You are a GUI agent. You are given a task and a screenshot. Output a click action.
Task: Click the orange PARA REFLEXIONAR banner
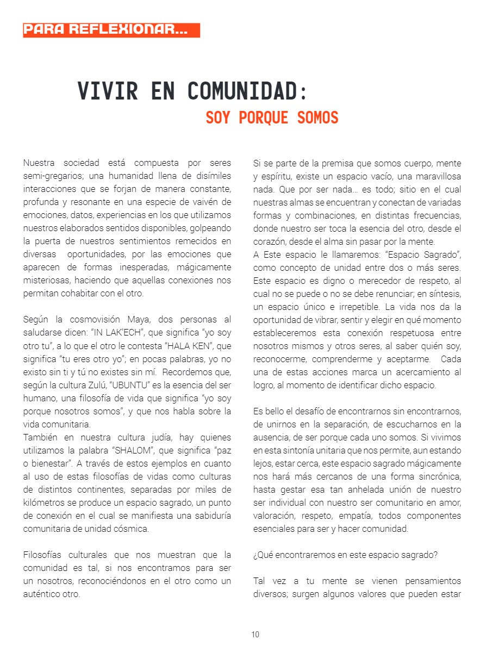click(x=111, y=30)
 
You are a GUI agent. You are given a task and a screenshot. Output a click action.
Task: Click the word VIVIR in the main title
click(x=108, y=91)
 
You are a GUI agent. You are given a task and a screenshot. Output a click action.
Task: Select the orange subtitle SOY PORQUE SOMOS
click(x=272, y=117)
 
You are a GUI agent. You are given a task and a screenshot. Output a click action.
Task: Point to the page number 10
click(x=255, y=634)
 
